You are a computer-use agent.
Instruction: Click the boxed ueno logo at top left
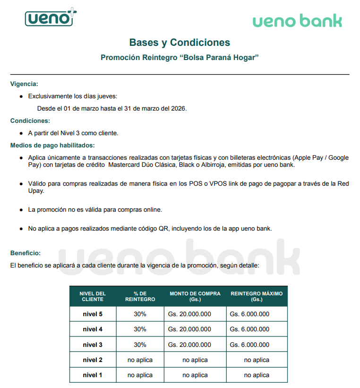tap(50, 18)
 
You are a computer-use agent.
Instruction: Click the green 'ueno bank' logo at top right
tap(297, 21)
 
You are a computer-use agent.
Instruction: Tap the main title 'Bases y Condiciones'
tap(180, 43)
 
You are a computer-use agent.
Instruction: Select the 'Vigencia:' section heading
tap(24, 84)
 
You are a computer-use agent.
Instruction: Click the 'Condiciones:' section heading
tap(30, 121)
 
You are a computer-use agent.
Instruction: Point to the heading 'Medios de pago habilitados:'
tap(52, 145)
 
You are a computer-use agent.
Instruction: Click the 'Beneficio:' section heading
tap(26, 253)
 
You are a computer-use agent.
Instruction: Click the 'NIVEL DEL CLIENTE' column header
tap(93, 296)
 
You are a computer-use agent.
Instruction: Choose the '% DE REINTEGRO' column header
tap(140, 296)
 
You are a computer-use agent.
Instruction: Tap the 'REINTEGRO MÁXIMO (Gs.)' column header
tap(257, 296)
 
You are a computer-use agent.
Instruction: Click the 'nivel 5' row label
tap(93, 314)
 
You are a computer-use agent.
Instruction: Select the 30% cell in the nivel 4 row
tap(140, 329)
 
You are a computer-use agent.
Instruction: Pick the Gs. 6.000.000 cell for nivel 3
tap(249, 345)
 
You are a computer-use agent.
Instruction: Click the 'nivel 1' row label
tap(93, 375)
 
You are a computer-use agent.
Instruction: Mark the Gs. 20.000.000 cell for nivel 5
tap(189, 314)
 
